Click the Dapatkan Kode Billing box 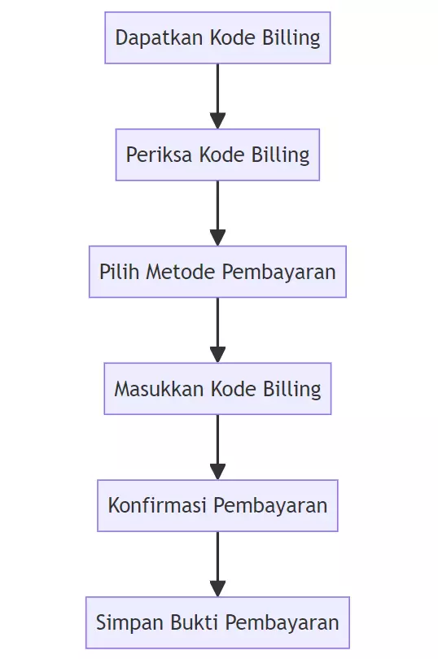point(217,37)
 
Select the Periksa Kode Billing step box point(217,155)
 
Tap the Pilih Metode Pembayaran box point(217,272)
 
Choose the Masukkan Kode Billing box point(217,389)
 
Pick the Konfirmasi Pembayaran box point(217,506)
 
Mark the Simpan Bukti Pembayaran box point(217,623)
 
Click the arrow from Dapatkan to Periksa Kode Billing point(217,96)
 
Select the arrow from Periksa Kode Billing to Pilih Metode point(217,213)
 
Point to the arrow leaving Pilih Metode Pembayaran point(217,330)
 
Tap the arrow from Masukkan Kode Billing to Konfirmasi point(217,447)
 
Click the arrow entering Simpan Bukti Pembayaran point(217,565)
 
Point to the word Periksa point(152,155)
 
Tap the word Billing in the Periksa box point(283,155)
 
